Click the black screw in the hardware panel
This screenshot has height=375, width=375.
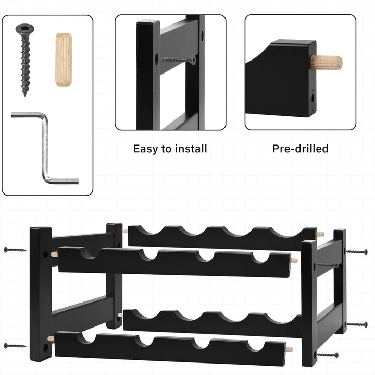pyautogui.click(x=25, y=58)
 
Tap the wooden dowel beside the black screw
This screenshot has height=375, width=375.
pyautogui.click(x=64, y=59)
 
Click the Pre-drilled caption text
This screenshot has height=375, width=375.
pyautogui.click(x=300, y=149)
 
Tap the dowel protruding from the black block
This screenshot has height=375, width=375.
pyautogui.click(x=327, y=63)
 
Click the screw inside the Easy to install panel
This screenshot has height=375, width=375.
pyautogui.click(x=178, y=60)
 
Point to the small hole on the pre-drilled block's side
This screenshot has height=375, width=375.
pyautogui.click(x=312, y=98)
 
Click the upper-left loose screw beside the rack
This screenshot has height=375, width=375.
pyautogui.click(x=15, y=250)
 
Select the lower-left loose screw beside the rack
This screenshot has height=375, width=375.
pyautogui.click(x=15, y=346)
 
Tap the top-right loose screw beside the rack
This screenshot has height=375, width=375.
pyautogui.click(x=357, y=252)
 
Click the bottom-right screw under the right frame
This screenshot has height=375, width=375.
pyautogui.click(x=328, y=355)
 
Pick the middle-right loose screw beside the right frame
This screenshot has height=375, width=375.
pyautogui.click(x=357, y=324)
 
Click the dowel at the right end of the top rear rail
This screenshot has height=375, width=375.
pyautogui.click(x=320, y=234)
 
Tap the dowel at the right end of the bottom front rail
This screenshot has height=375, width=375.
pyautogui.click(x=289, y=349)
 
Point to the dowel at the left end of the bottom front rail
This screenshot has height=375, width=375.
pyautogui.click(x=51, y=338)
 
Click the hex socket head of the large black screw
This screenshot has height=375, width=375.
pyautogui.click(x=25, y=29)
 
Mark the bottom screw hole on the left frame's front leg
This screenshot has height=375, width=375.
pyautogui.click(x=45, y=347)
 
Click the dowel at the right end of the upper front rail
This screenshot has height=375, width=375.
pyautogui.click(x=294, y=260)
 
